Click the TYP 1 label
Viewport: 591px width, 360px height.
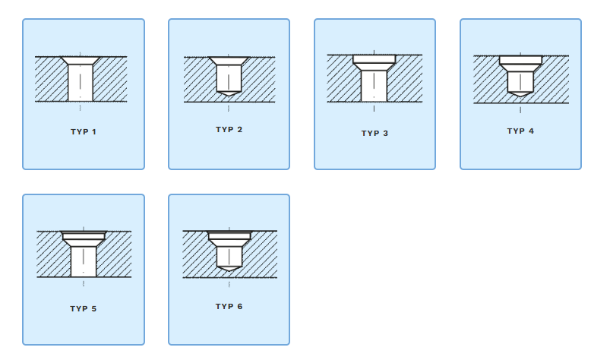84,131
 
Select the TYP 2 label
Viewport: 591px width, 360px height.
229,129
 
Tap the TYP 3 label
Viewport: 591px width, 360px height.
375,133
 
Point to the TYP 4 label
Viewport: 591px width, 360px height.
520,131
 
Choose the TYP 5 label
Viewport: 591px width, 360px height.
84,308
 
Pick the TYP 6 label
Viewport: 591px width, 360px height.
229,306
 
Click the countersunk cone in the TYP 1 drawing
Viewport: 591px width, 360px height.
81,60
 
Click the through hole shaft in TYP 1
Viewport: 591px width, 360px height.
81,83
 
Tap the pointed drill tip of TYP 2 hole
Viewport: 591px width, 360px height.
229,93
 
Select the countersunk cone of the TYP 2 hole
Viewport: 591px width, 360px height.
229,61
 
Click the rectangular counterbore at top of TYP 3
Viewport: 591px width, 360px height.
375,58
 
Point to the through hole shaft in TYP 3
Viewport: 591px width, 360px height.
374,86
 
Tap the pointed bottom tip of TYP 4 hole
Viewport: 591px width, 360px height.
520,94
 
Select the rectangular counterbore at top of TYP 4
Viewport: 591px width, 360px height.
520,60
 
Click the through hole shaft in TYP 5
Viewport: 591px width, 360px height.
84,261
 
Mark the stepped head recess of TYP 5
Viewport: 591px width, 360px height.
84,239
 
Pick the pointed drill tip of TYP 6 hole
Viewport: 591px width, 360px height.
229,268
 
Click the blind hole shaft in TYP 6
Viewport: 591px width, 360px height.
229,257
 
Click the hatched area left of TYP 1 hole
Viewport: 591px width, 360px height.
51,79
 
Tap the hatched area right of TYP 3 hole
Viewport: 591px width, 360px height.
405,78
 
